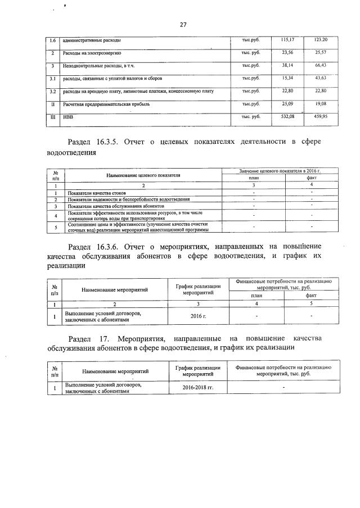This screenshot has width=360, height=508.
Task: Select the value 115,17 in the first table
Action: tap(287, 40)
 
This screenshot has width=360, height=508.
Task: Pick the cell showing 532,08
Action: tap(287, 116)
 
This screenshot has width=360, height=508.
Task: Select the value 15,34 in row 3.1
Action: tap(287, 78)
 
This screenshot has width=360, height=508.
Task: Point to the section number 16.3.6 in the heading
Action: tap(116, 247)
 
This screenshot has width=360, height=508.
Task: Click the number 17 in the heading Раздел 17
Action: tap(103, 339)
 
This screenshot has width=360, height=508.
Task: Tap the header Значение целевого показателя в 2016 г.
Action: tap(275, 170)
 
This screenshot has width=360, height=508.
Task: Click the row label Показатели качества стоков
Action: tap(96, 193)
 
